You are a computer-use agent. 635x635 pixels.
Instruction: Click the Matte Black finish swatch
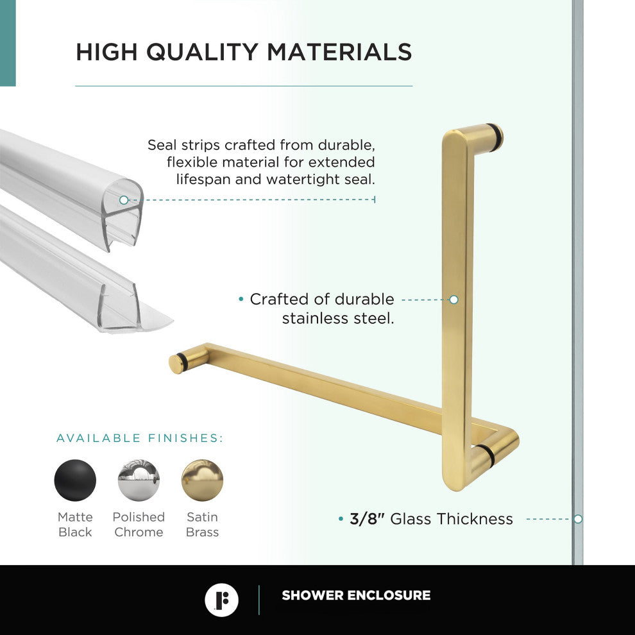click(75, 480)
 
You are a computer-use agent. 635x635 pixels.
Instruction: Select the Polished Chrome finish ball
click(139, 480)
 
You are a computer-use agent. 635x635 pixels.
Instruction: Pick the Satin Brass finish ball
click(202, 480)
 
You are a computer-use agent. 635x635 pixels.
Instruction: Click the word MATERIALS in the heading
click(339, 52)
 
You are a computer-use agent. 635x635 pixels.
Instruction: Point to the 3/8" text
click(367, 519)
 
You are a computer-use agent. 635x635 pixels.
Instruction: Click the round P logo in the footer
click(221, 600)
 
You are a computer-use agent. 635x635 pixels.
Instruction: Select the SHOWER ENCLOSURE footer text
click(356, 595)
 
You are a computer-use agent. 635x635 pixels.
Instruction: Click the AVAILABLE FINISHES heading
click(140, 439)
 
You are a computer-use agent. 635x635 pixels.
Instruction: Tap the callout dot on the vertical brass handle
click(453, 300)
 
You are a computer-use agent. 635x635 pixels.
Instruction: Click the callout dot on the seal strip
click(124, 200)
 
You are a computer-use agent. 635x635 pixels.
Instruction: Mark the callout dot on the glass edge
click(577, 519)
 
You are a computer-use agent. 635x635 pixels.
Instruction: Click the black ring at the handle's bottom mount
click(486, 454)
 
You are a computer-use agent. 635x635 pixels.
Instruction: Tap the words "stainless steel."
click(338, 317)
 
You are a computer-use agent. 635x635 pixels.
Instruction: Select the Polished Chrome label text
click(139, 525)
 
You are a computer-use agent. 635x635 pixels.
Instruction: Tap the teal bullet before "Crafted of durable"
click(241, 299)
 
